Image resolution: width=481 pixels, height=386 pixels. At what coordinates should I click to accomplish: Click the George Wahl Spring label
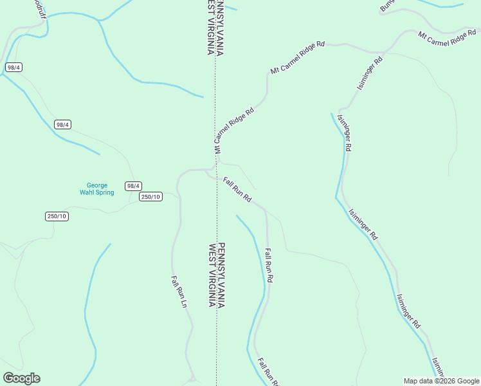click(96, 188)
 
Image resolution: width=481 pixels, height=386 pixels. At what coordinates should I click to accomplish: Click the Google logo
click(21, 378)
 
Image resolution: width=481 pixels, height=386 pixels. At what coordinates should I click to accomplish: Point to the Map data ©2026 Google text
click(441, 381)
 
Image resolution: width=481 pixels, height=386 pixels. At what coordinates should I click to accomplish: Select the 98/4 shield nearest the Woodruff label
click(14, 67)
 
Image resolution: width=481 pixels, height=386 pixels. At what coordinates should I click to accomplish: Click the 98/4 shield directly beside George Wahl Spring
click(133, 186)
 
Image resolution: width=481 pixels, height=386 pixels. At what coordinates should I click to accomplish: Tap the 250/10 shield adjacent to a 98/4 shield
click(150, 197)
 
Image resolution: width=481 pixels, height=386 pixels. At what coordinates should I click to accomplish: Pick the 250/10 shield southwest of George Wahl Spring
click(57, 216)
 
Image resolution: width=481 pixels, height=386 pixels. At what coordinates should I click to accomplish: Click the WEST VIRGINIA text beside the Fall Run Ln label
click(211, 275)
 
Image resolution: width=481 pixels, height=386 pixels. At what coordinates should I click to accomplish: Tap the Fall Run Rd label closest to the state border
click(237, 190)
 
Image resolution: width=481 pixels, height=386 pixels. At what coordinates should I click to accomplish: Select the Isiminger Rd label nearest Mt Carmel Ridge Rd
click(370, 73)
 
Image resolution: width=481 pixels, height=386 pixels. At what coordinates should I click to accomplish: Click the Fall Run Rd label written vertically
click(269, 266)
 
